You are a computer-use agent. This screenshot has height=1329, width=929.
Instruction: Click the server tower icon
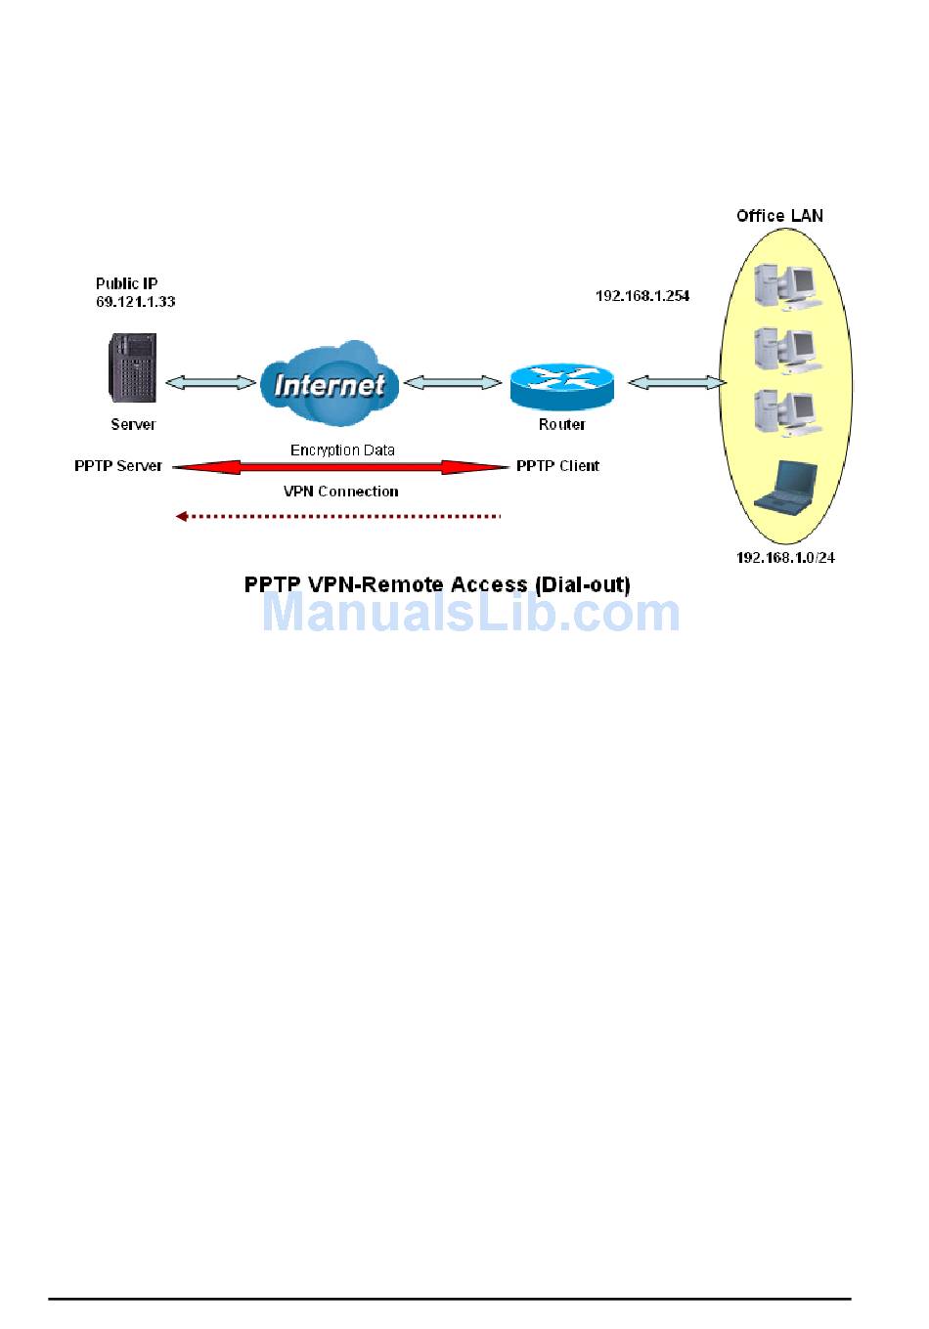coord(132,367)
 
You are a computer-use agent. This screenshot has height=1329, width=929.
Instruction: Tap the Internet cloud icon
coord(329,383)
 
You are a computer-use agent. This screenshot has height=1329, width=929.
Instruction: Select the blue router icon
coord(561,386)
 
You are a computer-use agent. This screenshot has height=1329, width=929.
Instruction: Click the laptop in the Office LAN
coord(784,488)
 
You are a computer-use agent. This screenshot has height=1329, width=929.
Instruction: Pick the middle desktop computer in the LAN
coord(787,352)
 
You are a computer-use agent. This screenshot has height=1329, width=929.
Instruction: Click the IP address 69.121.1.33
coord(135,301)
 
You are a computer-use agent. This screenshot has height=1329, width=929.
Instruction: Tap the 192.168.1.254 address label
coord(642,295)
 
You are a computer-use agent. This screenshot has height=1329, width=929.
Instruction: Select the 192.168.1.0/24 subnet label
coord(785,558)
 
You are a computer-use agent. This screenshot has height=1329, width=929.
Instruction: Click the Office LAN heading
coord(779,216)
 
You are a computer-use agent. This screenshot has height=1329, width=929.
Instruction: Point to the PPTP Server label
coord(118,466)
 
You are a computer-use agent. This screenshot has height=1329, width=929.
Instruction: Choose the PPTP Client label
coord(557,466)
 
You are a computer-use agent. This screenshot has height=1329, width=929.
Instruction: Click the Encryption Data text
coord(342,450)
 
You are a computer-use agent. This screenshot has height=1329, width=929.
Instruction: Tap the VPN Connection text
coord(340,492)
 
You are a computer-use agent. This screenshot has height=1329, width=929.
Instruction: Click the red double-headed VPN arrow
coord(340,467)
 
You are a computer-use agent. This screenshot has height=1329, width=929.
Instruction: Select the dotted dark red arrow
coord(338,517)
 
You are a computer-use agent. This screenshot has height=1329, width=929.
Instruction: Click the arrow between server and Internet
coord(210,383)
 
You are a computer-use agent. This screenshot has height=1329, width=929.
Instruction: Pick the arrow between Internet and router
coord(453,383)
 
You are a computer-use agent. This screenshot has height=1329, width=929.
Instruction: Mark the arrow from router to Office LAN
coord(678,383)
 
